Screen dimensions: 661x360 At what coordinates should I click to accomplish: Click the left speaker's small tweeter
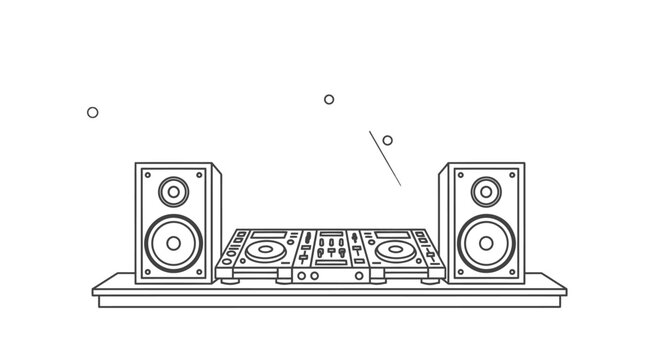pos(174,190)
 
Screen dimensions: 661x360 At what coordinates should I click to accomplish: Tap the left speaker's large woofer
pos(174,242)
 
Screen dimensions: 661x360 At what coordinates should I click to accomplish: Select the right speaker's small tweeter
pos(486,190)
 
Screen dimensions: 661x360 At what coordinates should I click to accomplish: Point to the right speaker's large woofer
pos(486,242)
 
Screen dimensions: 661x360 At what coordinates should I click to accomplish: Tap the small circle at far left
pos(93,112)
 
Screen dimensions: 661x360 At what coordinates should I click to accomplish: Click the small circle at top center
pos(329,99)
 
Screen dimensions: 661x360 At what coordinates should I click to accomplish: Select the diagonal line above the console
pos(385,157)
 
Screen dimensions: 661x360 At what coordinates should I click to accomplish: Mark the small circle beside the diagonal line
pos(387,140)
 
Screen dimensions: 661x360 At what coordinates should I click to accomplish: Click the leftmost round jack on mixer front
pos(301,275)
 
